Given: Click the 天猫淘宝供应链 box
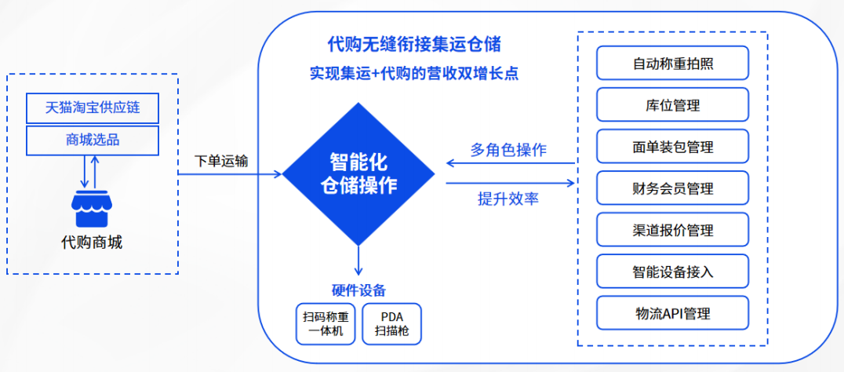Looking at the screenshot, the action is (x=93, y=108).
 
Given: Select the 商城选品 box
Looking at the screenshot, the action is (x=93, y=141).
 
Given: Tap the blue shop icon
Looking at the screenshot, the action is (x=93, y=208).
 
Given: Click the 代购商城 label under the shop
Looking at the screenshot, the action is (x=92, y=243).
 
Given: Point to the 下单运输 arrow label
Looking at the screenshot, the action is (x=221, y=160).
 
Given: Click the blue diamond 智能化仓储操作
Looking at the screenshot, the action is (x=358, y=173).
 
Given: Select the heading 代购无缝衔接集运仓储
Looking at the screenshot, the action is (x=414, y=45).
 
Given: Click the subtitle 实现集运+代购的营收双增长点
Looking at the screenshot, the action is (x=414, y=73).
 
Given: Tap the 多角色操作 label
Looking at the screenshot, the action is (x=508, y=150).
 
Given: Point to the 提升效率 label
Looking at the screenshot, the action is (x=508, y=199).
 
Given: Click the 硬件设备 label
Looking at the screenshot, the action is (x=358, y=290).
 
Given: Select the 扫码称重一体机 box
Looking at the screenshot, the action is (x=326, y=324).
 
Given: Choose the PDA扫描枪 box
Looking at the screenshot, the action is (x=392, y=324).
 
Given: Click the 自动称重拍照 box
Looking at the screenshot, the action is (x=673, y=63).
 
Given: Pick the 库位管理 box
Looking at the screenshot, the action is (x=673, y=104).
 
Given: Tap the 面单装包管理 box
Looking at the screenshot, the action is (x=673, y=147).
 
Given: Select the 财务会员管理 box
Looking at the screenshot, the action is (x=673, y=188).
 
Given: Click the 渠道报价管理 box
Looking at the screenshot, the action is (x=673, y=230).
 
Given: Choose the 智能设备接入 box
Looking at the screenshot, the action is (x=673, y=272).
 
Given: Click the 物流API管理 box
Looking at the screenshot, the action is (x=673, y=313).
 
